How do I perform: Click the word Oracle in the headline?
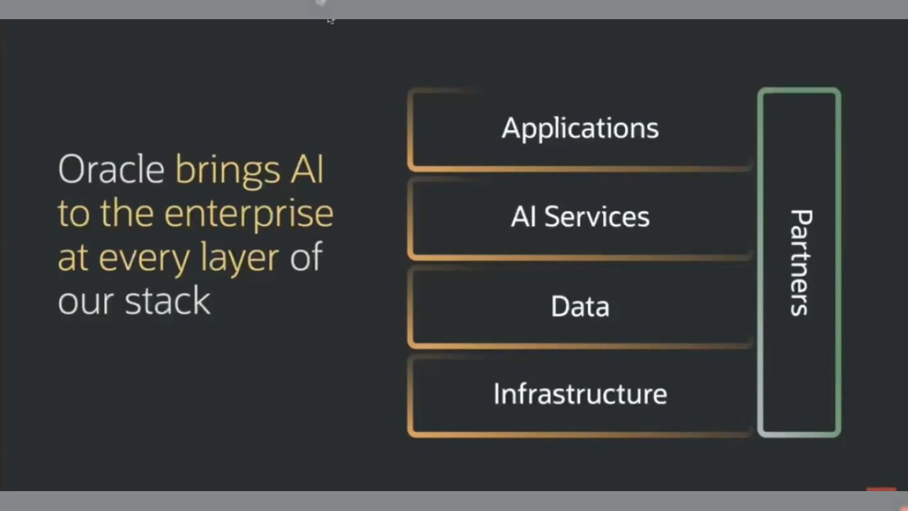tap(111, 170)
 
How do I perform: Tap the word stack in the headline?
tap(167, 301)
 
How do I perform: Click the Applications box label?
tap(580, 128)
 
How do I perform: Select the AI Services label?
tap(580, 217)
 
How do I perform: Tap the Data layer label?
tap(580, 307)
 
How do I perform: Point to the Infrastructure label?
tap(580, 394)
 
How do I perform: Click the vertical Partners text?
tap(801, 263)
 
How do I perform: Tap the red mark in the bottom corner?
tap(881, 489)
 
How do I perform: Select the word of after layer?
tap(306, 257)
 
